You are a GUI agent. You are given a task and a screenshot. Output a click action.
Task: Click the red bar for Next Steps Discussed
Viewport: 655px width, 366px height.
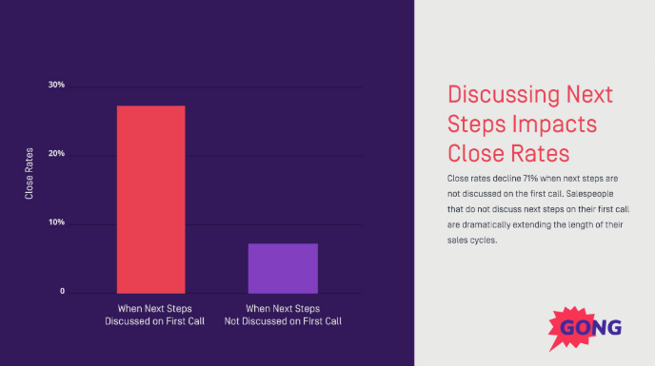tap(150, 199)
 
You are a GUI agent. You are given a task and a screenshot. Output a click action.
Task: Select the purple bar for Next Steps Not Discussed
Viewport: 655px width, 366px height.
tap(283, 268)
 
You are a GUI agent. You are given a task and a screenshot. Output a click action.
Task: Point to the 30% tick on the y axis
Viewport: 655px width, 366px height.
tap(56, 86)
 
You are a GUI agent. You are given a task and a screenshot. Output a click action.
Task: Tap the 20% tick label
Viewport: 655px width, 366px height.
tap(56, 155)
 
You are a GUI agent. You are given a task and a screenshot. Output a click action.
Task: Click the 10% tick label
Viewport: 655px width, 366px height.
tap(56, 223)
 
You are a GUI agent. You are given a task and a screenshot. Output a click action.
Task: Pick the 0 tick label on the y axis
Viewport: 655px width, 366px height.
tap(62, 292)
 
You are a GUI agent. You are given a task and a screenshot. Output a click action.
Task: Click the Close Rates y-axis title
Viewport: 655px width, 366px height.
tap(30, 173)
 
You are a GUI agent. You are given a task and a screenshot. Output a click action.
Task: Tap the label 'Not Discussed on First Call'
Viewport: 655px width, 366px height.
tap(283, 321)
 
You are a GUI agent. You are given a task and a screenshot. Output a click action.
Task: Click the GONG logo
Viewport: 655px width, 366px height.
tap(590, 328)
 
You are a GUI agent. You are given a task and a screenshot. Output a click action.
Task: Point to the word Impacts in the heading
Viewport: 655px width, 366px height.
tap(561, 125)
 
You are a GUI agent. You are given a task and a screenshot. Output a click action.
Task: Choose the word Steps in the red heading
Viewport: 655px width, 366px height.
tap(478, 125)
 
